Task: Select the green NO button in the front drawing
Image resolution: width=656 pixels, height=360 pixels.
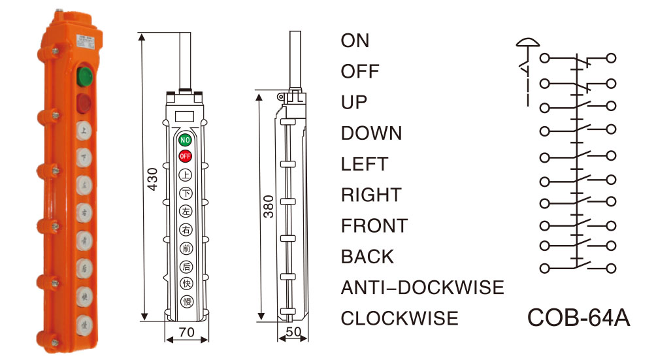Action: coord(186,140)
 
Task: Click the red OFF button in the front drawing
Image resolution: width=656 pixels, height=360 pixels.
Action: coord(186,157)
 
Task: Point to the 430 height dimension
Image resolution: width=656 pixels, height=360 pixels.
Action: coord(152,176)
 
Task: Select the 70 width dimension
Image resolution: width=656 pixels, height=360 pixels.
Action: coord(186,332)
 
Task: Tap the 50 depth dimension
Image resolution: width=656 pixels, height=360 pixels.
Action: coord(293,332)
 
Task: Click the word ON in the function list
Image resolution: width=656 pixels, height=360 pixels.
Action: coord(355,41)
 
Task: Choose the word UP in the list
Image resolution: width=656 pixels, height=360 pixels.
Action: coord(354,102)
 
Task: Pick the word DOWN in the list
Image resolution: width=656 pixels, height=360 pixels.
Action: coord(371,133)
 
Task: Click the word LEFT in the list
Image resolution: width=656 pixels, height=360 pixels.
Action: coord(365,164)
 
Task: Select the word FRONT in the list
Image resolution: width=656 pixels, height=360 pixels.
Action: coord(374,226)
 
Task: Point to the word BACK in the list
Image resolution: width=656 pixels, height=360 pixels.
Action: coord(367,257)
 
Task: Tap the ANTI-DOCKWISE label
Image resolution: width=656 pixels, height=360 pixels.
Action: coord(422,287)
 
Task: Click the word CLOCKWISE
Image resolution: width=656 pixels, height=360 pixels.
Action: coord(399,318)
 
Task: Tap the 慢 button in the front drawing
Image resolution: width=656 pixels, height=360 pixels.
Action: coord(186,301)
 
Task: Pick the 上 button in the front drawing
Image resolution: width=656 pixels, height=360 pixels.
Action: coord(186,174)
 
